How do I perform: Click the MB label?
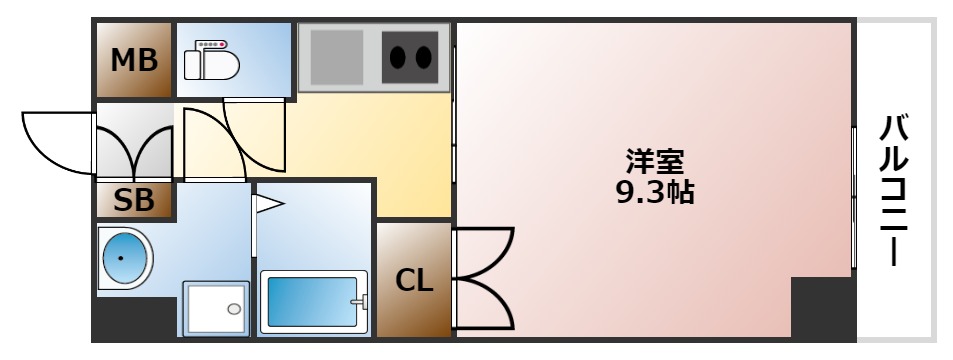134,61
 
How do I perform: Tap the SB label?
134,201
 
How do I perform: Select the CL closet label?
413,281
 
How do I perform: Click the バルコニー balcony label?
895,190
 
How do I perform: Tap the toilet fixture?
214,65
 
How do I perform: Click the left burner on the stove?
396,57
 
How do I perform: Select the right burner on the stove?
425,57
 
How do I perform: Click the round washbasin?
124,259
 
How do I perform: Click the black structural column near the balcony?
822,307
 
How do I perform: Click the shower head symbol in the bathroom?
267,205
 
